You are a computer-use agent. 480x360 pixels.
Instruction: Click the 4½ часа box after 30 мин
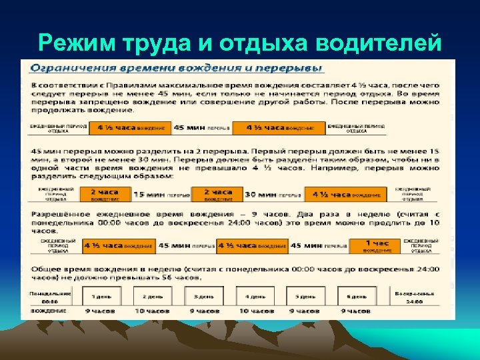(345, 194)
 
